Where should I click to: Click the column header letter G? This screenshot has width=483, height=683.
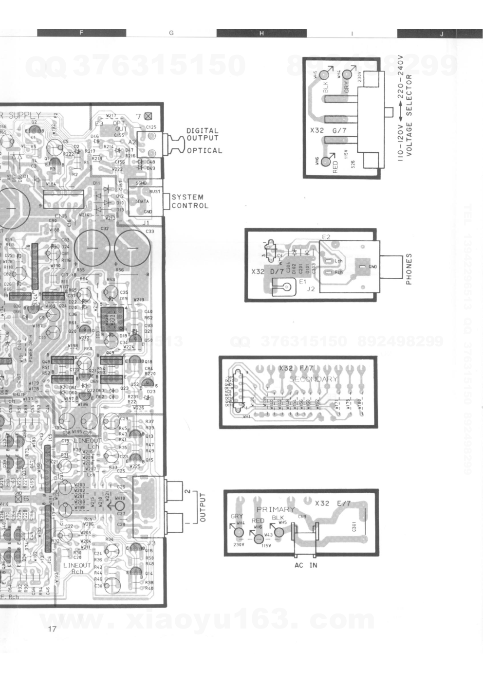click(x=171, y=33)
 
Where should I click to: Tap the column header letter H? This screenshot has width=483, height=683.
click(x=261, y=33)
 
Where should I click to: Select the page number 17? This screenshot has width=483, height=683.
click(x=53, y=629)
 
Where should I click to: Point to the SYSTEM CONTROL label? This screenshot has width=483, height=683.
click(x=190, y=201)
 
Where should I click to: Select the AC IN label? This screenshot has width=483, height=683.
click(x=306, y=565)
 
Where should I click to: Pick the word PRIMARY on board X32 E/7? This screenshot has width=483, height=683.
click(x=276, y=509)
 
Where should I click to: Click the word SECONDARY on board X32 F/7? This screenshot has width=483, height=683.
click(x=314, y=379)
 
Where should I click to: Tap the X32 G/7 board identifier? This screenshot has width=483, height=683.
click(x=328, y=131)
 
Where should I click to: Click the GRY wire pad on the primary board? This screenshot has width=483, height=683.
click(x=239, y=533)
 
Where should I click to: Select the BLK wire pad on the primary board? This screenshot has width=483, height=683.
click(x=279, y=532)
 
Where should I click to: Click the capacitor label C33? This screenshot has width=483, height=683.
click(x=149, y=232)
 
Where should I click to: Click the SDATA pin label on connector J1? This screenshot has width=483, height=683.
click(x=143, y=201)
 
